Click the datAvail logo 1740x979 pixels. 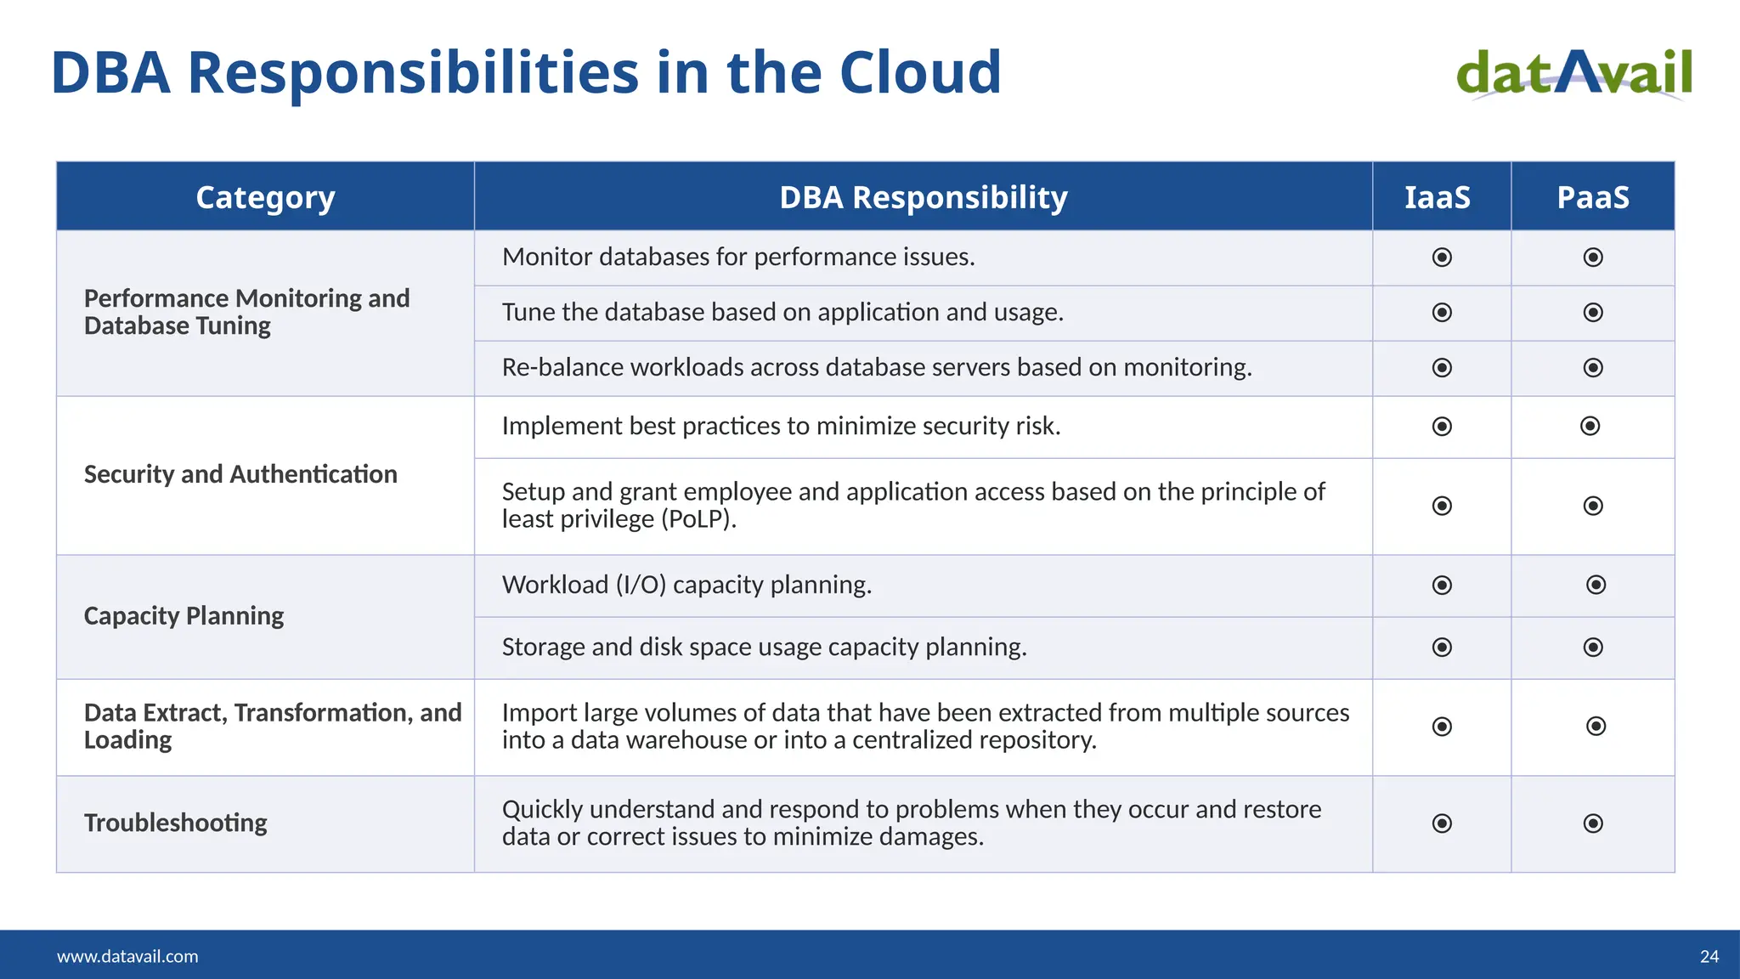click(1574, 74)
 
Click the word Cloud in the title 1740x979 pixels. click(920, 72)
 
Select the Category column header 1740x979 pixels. click(265, 197)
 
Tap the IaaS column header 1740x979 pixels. click(1437, 197)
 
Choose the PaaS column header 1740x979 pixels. click(1592, 197)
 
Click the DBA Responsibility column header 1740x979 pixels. click(923, 197)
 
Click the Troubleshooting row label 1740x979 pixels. click(176, 823)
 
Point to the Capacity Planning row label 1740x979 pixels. click(184, 615)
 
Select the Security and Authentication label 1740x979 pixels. click(240, 474)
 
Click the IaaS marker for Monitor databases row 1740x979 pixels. click(1442, 257)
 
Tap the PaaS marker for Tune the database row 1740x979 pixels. click(1593, 313)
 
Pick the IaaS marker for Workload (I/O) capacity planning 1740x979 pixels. click(1442, 585)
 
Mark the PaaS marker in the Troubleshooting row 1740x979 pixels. click(1593, 823)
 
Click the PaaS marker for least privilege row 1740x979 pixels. click(1593, 506)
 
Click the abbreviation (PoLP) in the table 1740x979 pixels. click(698, 519)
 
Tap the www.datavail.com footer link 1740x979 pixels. click(127, 956)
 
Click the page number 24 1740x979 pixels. click(1709, 956)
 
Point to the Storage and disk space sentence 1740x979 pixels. click(764, 647)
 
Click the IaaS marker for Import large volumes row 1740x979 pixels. click(1442, 727)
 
